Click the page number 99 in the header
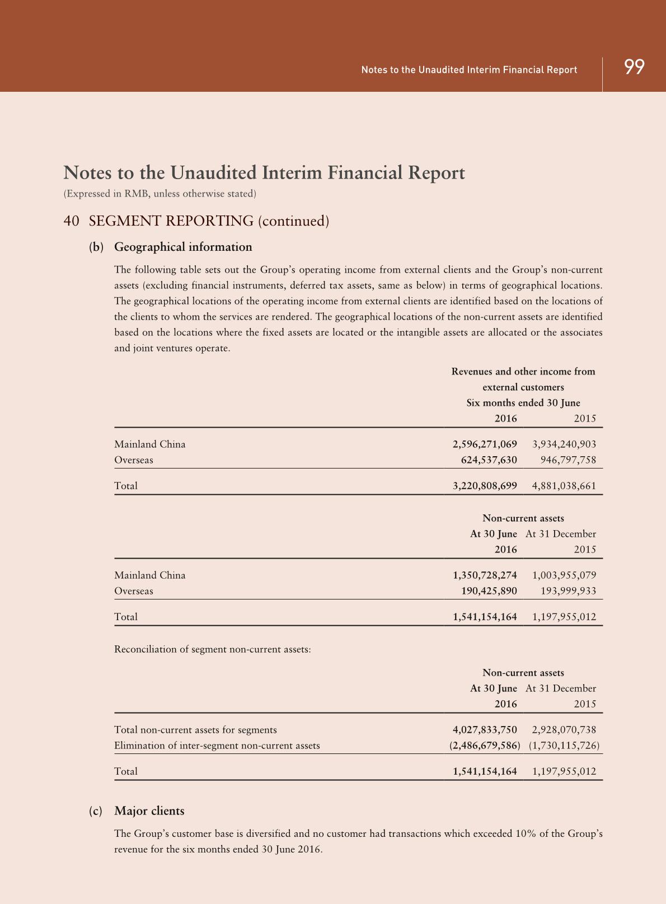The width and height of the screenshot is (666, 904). (634, 67)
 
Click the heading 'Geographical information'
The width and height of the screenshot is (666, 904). (183, 247)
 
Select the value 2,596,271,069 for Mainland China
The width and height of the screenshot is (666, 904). (485, 444)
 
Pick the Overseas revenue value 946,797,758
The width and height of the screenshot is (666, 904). (568, 460)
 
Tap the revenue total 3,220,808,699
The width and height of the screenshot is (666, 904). (485, 486)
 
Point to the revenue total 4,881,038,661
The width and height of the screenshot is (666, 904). (564, 486)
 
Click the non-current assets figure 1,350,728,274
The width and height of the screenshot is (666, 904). (485, 575)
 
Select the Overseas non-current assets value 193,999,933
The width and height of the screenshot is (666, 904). (568, 591)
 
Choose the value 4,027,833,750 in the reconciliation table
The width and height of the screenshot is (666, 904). (485, 729)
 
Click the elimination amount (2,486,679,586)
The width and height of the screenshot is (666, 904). (485, 746)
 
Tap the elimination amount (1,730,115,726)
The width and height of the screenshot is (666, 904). (564, 746)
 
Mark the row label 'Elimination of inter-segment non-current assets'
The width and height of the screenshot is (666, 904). (217, 746)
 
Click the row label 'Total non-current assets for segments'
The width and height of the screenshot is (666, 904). (195, 729)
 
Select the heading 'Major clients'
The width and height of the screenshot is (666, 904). (149, 811)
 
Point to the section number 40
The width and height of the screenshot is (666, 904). (71, 221)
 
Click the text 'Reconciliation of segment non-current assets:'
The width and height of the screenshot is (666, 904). (212, 649)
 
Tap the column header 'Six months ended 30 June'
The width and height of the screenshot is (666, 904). (523, 403)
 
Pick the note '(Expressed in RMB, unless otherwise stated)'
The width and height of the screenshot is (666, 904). (160, 194)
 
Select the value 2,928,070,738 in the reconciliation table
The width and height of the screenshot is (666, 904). (564, 729)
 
